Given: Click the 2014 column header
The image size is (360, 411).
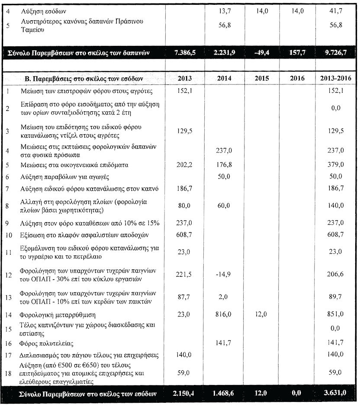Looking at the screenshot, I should (224, 78).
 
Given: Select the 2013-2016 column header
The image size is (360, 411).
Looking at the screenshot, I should (336, 78).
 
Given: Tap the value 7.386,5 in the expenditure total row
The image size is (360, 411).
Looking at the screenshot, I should (185, 53).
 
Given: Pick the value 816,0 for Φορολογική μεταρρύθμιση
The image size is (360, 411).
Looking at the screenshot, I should (224, 314).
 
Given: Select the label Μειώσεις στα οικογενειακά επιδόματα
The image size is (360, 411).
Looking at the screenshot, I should (74, 165).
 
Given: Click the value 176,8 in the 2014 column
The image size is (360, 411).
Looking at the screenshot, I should (224, 165).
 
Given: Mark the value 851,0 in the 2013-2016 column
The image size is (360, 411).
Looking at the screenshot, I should (336, 314).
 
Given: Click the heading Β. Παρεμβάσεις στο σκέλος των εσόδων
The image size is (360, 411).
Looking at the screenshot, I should (85, 78).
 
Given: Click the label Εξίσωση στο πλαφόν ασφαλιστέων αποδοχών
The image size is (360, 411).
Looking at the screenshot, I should (84, 235).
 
